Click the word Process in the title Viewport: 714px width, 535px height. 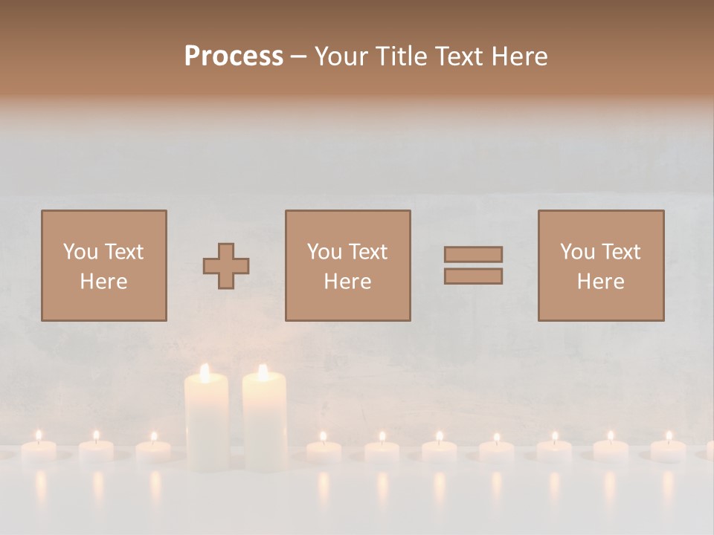(234, 56)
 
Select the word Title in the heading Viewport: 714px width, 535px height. (401, 56)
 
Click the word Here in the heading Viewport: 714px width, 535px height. (521, 56)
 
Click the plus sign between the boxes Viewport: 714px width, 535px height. (226, 266)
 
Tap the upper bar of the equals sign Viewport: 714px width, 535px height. (473, 254)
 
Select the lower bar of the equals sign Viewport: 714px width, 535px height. (473, 276)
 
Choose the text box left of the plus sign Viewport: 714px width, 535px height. (103, 265)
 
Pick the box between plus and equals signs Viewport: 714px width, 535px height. (347, 265)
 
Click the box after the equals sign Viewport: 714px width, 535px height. (600, 265)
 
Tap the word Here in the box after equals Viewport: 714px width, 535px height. (600, 282)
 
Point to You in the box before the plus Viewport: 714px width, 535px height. (80, 252)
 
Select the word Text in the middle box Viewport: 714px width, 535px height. (367, 252)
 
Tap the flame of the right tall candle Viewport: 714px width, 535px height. (263, 372)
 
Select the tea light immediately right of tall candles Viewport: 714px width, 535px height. (324, 450)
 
